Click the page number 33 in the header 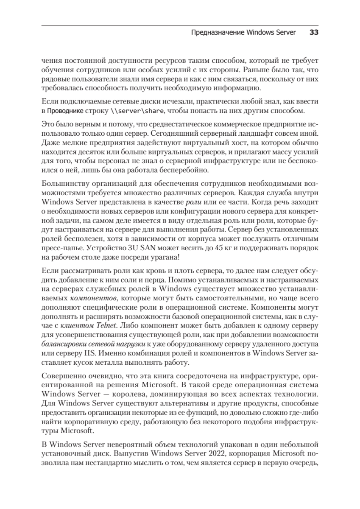(x=314, y=33)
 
